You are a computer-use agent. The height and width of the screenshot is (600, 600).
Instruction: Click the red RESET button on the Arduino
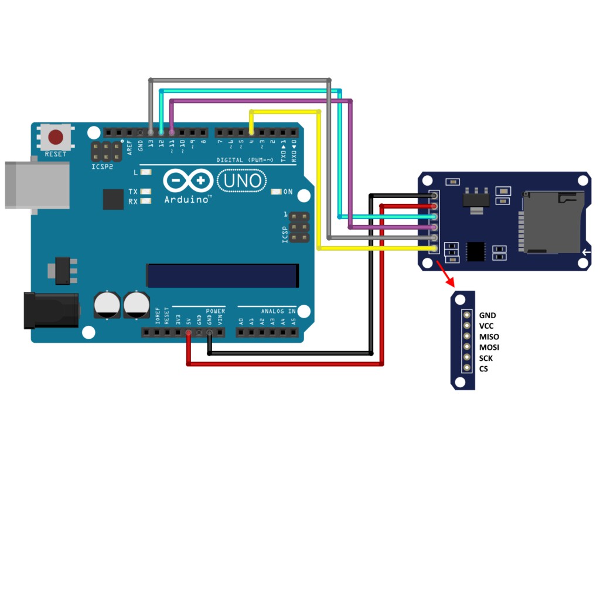(56, 138)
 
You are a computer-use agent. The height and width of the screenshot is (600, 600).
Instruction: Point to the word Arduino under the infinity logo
(187, 199)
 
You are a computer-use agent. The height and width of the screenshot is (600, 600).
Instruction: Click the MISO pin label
(489, 337)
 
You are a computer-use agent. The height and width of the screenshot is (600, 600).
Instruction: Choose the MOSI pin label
(489, 347)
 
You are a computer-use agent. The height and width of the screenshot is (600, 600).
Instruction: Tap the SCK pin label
(486, 358)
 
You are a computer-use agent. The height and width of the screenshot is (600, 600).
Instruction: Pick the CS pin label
(483, 369)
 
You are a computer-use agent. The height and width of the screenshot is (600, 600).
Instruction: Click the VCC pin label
(486, 326)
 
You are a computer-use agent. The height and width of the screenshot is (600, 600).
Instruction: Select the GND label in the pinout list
(487, 315)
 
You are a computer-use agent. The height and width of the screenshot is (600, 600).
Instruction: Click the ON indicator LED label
(288, 192)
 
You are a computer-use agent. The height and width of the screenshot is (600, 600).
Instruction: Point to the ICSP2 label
(102, 166)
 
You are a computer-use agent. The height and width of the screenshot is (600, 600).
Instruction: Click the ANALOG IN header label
(275, 311)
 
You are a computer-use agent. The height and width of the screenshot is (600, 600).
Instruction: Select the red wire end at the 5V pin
(188, 333)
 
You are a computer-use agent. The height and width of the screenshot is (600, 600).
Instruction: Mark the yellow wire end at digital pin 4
(251, 132)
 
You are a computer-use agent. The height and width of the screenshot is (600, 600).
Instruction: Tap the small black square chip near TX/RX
(113, 199)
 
